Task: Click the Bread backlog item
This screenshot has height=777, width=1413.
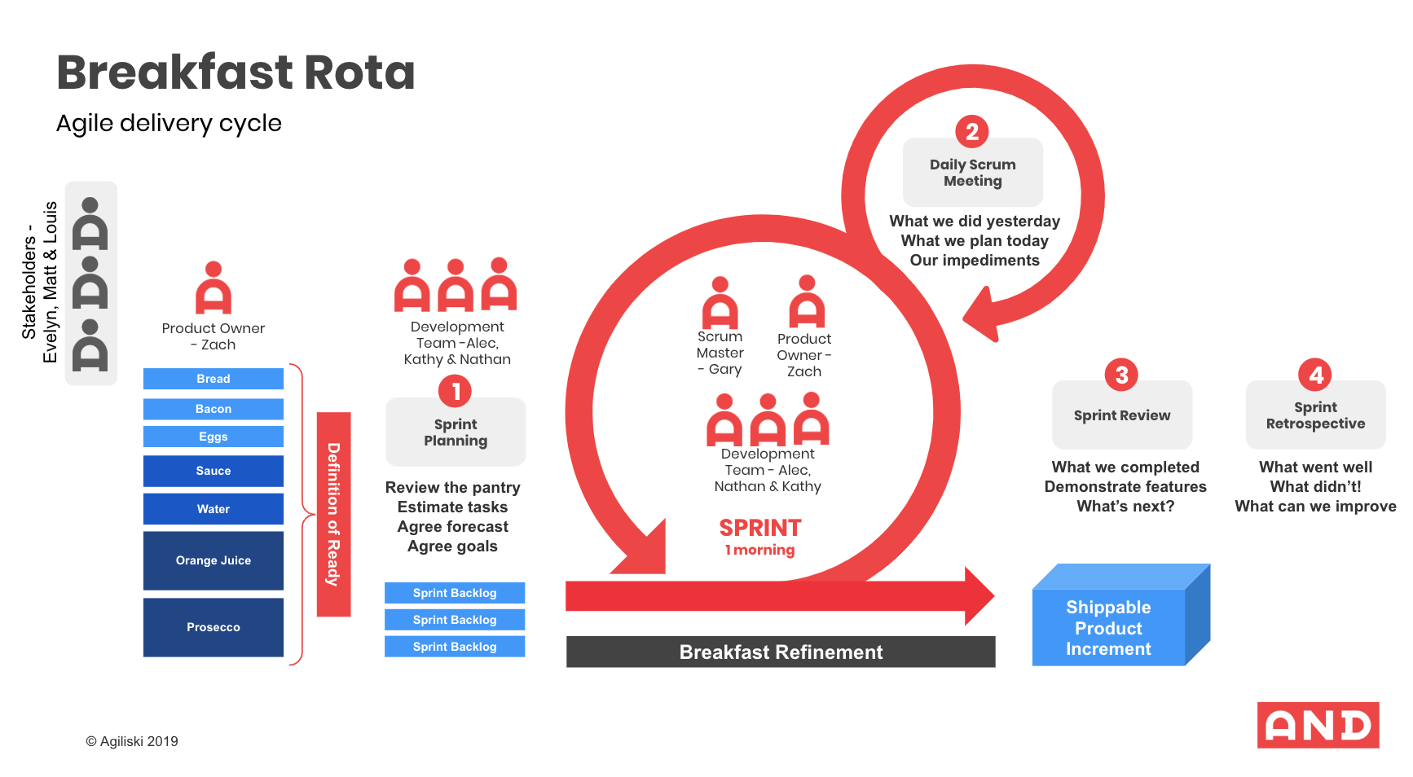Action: coord(213,379)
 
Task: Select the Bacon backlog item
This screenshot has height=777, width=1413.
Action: coord(213,409)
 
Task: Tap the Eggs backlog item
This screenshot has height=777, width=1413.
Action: coord(213,437)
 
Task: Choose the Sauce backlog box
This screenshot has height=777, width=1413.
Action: coord(213,471)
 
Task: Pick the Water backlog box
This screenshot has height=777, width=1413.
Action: coord(213,509)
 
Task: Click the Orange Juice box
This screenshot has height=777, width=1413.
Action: coord(213,560)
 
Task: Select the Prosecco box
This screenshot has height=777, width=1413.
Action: coord(213,627)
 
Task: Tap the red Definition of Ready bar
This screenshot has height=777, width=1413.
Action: coord(333,514)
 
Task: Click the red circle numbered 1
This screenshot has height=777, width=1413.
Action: coord(456,391)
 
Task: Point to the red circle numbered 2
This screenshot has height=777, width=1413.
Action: coord(972,131)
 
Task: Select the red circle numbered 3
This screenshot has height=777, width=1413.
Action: coord(1121,375)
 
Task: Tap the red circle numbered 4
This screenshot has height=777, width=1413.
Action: coord(1315,375)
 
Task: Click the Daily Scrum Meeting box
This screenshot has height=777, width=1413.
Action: coord(972,173)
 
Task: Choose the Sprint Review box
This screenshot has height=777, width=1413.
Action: coord(1122,415)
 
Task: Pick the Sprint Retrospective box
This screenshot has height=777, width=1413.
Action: coord(1315,415)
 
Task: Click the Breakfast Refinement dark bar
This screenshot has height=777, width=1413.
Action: coord(781,652)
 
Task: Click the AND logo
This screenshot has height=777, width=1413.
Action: coord(1318,725)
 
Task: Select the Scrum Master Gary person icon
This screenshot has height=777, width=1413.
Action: coord(720,303)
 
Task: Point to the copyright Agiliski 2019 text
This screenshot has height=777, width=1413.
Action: coord(132,741)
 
